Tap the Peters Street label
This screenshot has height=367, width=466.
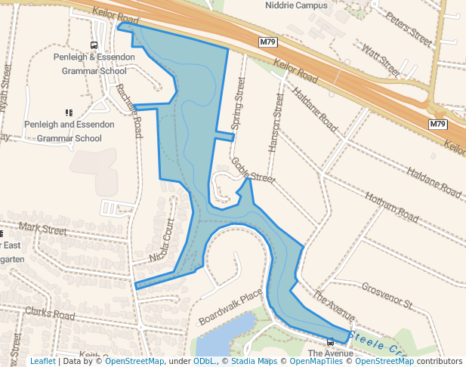click(x=407, y=26)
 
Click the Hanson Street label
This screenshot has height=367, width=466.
click(x=276, y=121)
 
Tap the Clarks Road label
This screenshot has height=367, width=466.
click(x=50, y=313)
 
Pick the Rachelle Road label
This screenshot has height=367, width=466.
click(x=128, y=110)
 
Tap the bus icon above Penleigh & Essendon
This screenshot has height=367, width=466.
click(x=94, y=45)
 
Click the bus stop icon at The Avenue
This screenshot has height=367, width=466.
click(x=330, y=342)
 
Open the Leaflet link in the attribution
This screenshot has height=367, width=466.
click(x=43, y=361)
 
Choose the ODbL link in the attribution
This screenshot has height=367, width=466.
click(x=205, y=361)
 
